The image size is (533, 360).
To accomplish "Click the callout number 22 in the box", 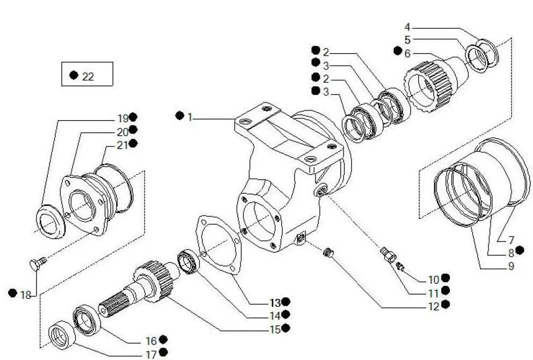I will click(x=88, y=77).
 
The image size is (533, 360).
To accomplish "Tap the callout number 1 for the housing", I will click(x=189, y=116).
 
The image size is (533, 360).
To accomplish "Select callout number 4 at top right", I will click(x=407, y=27).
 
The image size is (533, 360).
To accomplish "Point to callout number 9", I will click(x=510, y=266).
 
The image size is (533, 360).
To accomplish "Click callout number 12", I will click(x=434, y=306).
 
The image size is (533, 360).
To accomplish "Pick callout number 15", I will click(x=275, y=329).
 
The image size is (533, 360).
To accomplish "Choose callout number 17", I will click(x=150, y=354).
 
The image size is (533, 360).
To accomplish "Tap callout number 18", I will click(x=26, y=294).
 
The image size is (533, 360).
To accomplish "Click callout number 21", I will click(x=122, y=144).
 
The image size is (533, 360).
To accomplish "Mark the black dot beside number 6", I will click(x=397, y=51).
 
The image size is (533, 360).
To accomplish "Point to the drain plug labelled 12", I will click(x=328, y=251).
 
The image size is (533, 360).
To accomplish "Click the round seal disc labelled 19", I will click(x=50, y=221).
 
